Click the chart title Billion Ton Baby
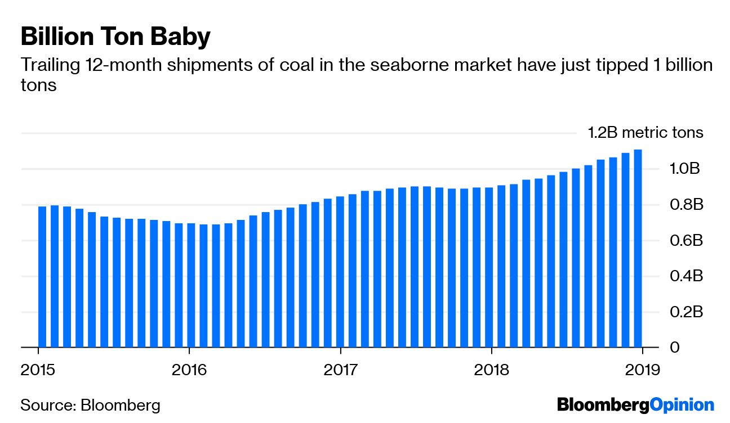(x=115, y=37)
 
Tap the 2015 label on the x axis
(x=38, y=370)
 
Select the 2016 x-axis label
(x=189, y=370)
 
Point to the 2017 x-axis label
(x=340, y=370)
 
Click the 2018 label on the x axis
(x=492, y=370)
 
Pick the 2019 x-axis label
(x=643, y=370)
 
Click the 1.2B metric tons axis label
(x=646, y=133)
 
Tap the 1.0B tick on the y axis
(x=684, y=169)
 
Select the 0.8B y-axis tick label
(x=684, y=205)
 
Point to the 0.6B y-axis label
(x=684, y=240)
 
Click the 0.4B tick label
(x=684, y=276)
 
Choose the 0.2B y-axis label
(x=684, y=312)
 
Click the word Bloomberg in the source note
(x=120, y=405)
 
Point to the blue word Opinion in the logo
(x=682, y=405)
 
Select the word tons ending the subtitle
(x=38, y=85)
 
